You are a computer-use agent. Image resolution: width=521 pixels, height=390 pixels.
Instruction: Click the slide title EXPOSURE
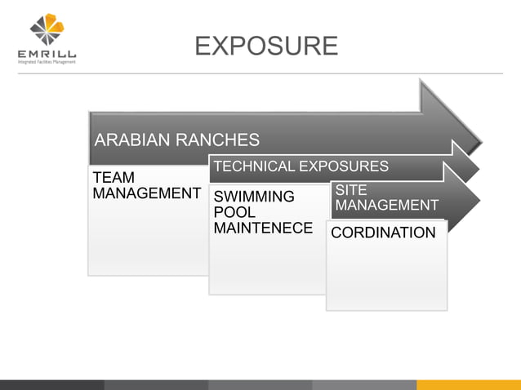tap(266, 45)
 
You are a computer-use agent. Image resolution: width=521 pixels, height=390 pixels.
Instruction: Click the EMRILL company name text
tap(47, 55)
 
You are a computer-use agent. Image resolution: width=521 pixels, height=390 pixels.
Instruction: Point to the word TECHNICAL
tap(253, 166)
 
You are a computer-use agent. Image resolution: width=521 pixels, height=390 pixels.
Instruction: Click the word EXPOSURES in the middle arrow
tap(343, 166)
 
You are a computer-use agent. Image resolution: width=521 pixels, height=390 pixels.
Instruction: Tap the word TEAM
tap(114, 178)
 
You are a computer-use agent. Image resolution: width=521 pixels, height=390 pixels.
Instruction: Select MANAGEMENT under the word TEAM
tap(146, 194)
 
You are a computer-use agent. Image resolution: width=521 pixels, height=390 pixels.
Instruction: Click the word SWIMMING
tap(253, 197)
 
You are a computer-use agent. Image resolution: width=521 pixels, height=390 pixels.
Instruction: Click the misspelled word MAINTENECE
tap(262, 228)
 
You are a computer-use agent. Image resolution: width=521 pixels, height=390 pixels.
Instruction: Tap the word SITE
tap(351, 190)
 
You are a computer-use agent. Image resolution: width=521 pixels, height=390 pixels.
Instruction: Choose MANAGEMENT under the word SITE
tap(386, 205)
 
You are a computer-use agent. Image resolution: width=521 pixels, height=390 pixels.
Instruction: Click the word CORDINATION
tap(383, 233)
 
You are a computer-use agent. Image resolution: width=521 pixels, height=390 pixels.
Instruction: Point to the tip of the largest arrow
tap(482, 131)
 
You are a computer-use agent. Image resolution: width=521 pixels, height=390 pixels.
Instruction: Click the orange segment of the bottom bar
tap(468, 384)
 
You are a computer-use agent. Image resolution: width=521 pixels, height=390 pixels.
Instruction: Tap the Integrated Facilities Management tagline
tap(47, 62)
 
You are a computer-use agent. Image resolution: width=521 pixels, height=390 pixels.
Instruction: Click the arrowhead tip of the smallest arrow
tap(480, 201)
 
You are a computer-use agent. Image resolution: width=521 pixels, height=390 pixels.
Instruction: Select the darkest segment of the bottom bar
tap(51, 384)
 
